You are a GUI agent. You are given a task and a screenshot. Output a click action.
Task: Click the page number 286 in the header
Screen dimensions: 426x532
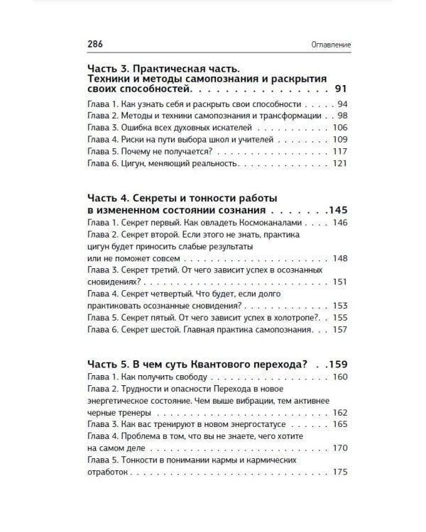(x=96, y=44)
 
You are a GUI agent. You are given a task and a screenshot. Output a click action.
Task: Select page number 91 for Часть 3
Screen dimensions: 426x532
(x=340, y=91)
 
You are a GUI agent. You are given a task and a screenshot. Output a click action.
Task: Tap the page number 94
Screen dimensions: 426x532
(x=341, y=104)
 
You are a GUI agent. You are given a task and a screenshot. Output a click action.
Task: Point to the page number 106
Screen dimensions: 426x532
(x=339, y=128)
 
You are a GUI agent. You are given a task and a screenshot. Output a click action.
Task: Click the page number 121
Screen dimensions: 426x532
(x=339, y=164)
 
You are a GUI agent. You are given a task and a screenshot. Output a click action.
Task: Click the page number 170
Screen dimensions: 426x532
(x=339, y=448)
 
